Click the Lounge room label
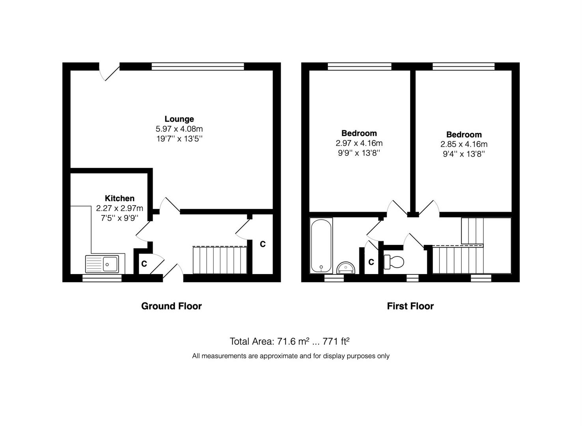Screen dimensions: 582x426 click(x=179, y=119)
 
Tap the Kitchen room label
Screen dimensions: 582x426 click(x=119, y=198)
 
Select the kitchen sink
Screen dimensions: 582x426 click(x=102, y=264)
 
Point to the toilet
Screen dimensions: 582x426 click(x=394, y=262)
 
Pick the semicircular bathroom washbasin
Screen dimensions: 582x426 click(x=346, y=268)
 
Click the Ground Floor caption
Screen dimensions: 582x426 click(x=172, y=306)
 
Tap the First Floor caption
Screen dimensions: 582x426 click(x=410, y=306)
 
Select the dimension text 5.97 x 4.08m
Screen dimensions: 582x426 click(x=179, y=129)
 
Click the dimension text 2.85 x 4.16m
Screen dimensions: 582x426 click(x=464, y=144)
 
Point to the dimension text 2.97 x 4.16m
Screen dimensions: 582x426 click(x=359, y=143)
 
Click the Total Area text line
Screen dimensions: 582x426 click(x=289, y=341)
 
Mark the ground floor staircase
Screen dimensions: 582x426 click(x=220, y=260)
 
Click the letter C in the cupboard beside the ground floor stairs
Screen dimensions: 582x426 click(x=263, y=244)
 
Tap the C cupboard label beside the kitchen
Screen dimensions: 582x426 click(x=144, y=264)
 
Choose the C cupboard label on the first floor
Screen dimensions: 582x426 click(x=371, y=262)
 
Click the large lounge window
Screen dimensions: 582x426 click(x=198, y=66)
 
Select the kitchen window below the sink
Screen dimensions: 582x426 click(x=102, y=278)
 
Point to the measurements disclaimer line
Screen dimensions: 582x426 click(x=291, y=356)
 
